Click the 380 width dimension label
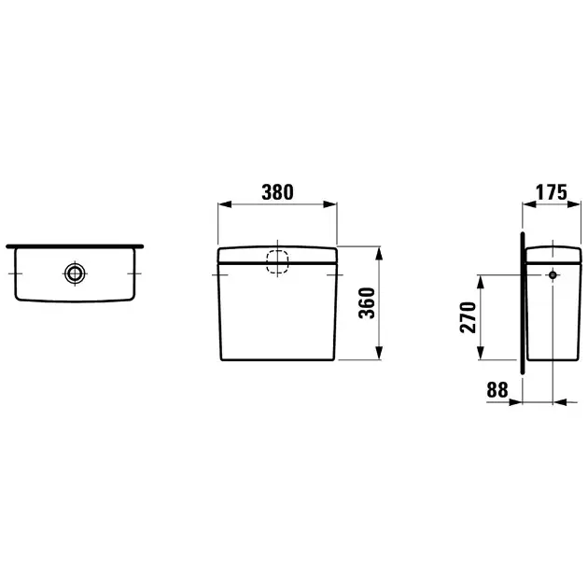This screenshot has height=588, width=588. pyautogui.click(x=277, y=192)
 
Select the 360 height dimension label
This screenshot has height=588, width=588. pyautogui.click(x=367, y=303)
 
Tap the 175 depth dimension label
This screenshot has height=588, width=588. pyautogui.click(x=552, y=192)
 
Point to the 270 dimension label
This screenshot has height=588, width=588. pyautogui.click(x=468, y=317)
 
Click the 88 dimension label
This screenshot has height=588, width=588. pyautogui.click(x=497, y=390)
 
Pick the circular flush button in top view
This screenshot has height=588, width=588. pyautogui.click(x=75, y=273)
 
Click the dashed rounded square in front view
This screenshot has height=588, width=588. pyautogui.click(x=277, y=261)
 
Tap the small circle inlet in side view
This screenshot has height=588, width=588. pyautogui.click(x=553, y=275)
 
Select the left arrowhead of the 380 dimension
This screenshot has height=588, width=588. pyautogui.click(x=224, y=204)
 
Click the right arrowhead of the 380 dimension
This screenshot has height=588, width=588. pyautogui.click(x=330, y=204)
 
